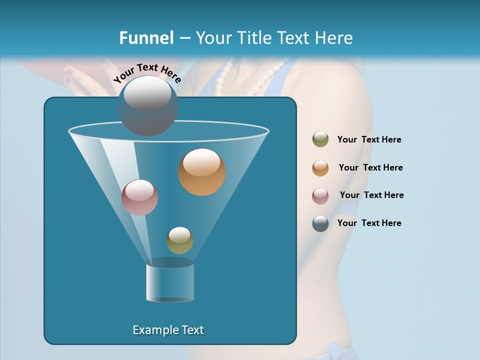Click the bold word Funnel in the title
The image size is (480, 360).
(146, 38)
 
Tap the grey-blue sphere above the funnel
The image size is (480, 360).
(147, 106)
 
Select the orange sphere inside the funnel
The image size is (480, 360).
(202, 172)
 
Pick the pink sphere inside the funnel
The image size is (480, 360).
(139, 197)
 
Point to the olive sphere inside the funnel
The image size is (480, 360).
(179, 240)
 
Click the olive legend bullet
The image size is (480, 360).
(320, 139)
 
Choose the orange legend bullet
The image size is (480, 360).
(320, 167)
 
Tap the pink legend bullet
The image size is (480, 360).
(320, 195)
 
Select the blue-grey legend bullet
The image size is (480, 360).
(320, 223)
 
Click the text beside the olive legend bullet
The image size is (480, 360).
(369, 139)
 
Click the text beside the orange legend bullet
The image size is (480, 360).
(370, 167)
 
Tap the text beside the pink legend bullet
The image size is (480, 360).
(371, 195)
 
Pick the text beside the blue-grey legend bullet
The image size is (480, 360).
(369, 223)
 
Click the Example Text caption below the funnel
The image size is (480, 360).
(168, 330)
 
